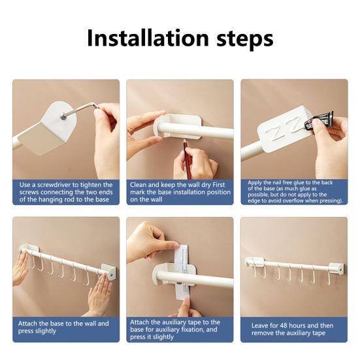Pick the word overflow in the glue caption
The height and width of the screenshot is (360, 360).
click(303, 201)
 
